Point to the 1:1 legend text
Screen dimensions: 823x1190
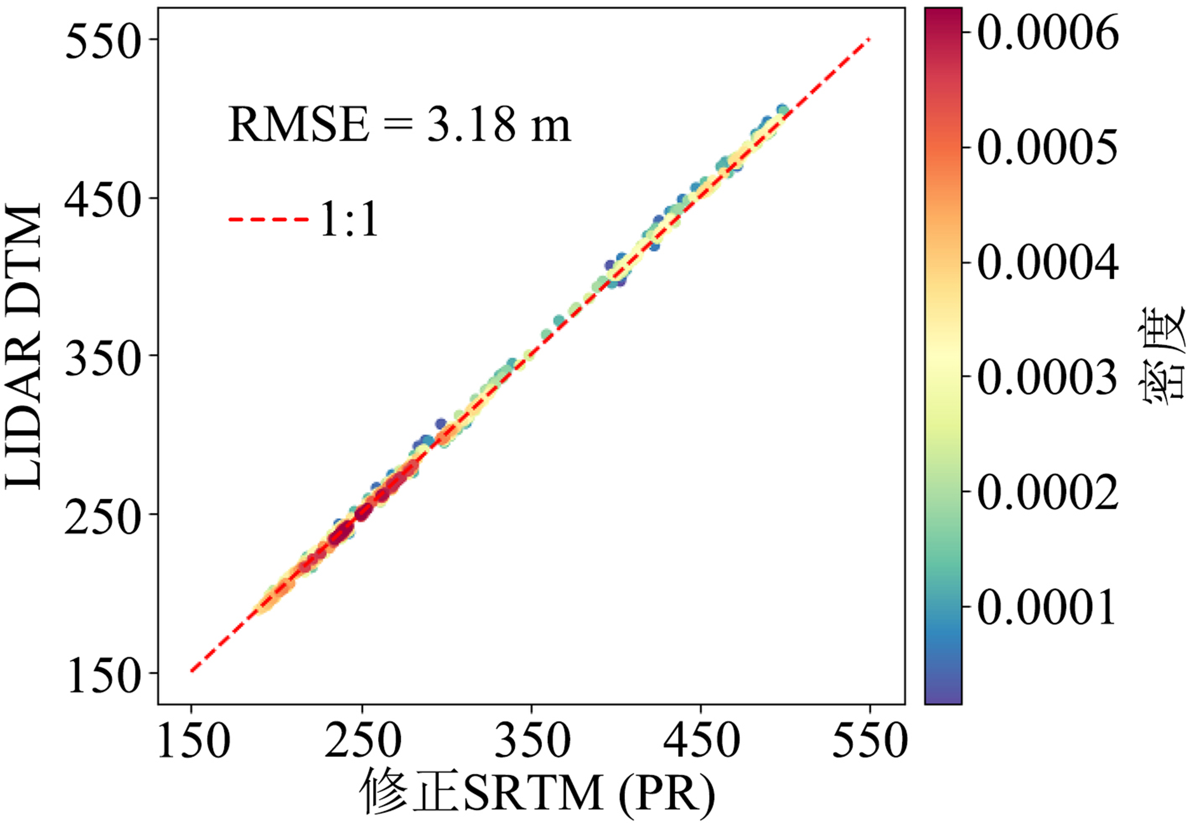coord(349,220)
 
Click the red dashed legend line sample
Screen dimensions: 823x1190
coord(268,220)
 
